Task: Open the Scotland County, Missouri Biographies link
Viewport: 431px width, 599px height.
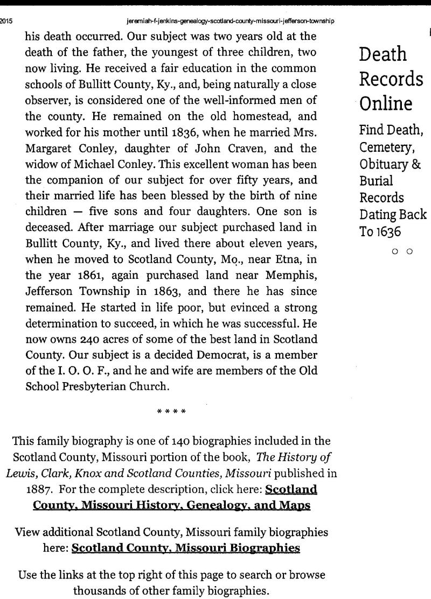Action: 185,548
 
